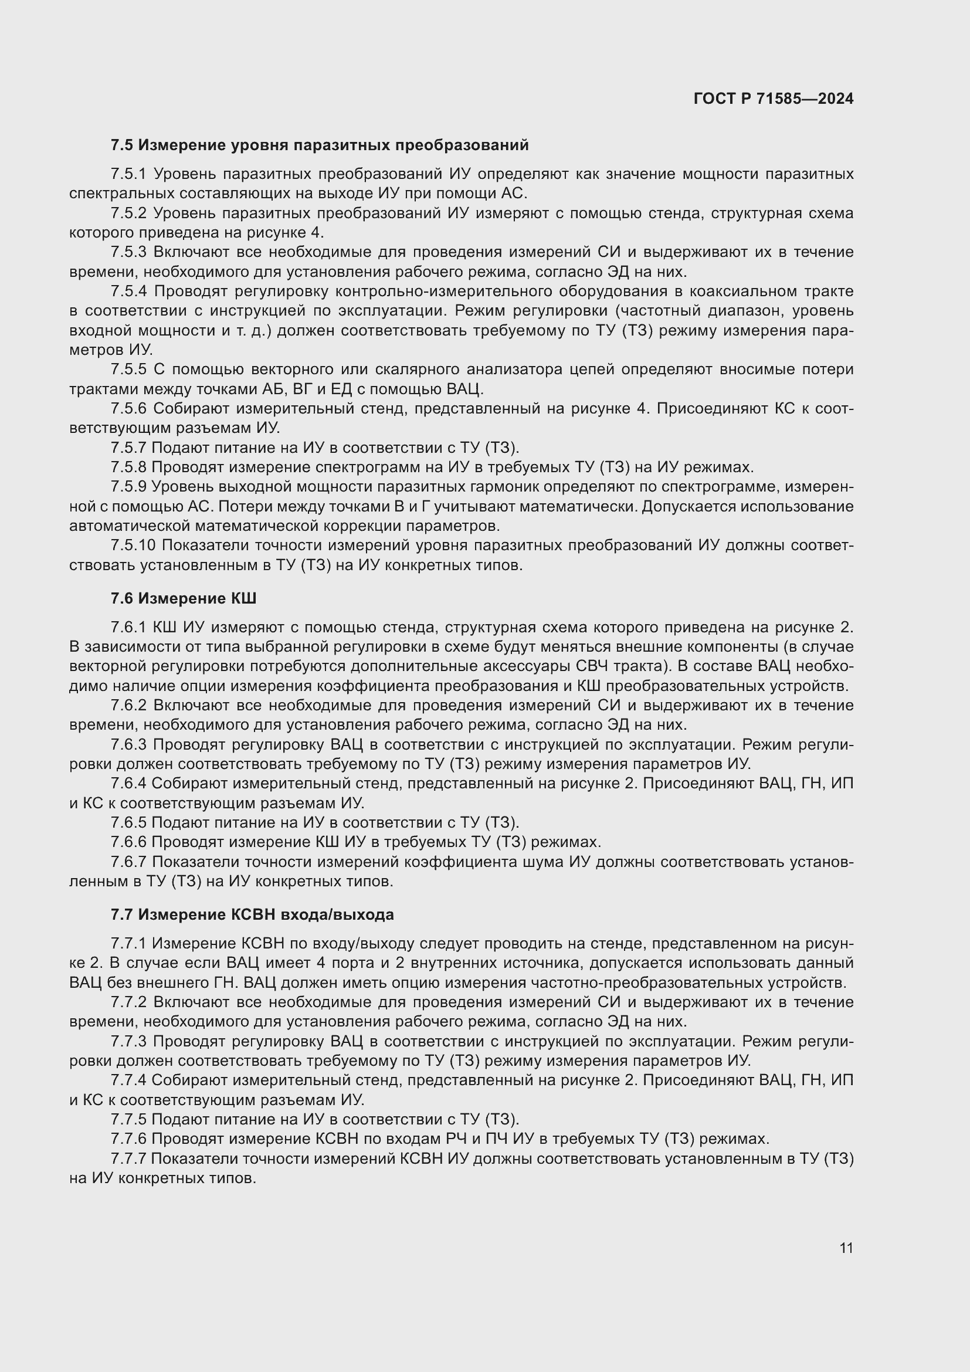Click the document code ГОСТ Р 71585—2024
click(774, 99)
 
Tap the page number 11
click(846, 1248)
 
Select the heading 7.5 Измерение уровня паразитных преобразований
click(320, 145)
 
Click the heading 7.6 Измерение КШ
click(184, 598)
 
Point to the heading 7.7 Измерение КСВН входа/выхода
click(252, 915)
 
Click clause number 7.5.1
click(128, 174)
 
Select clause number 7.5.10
click(133, 546)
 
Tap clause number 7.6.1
click(128, 628)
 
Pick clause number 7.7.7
click(128, 1158)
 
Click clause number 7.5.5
click(128, 370)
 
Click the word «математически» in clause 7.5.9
click(576, 507)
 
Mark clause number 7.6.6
click(128, 842)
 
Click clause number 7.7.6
click(128, 1139)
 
